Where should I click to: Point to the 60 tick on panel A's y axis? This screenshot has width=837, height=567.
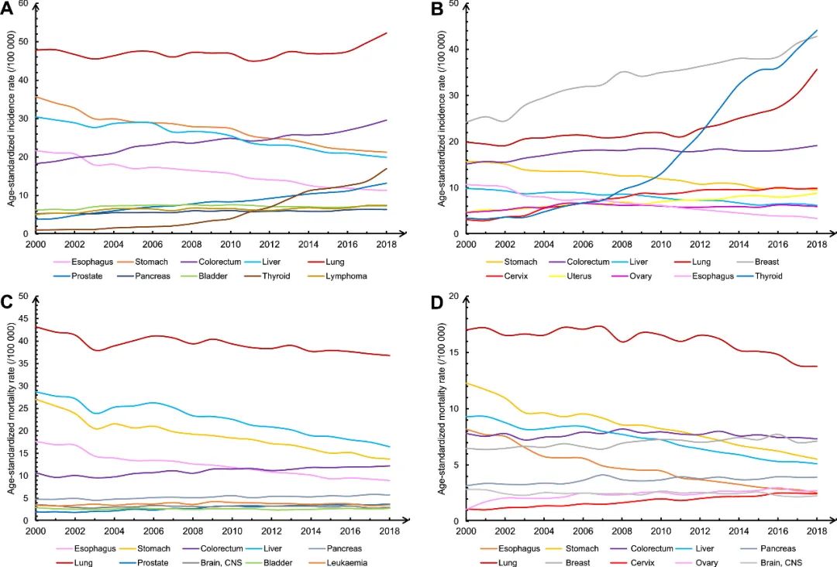tap(23, 4)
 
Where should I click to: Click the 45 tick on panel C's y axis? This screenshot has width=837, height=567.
tap(23, 318)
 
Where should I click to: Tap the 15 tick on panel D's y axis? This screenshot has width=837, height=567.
tap(454, 352)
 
